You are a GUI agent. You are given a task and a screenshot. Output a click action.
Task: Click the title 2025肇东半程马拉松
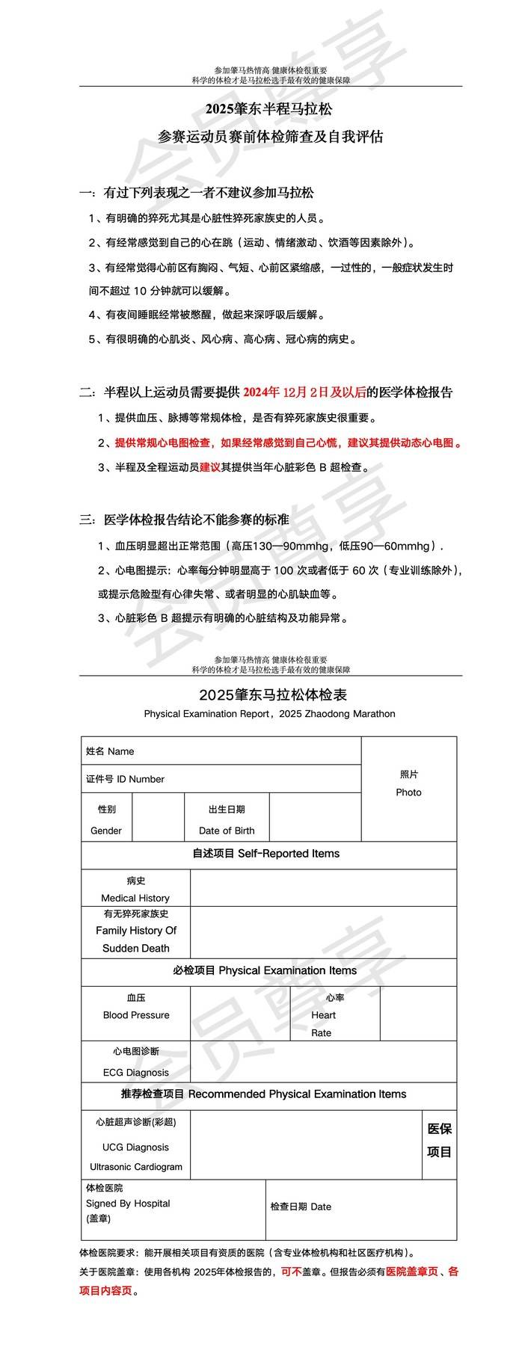point(269,109)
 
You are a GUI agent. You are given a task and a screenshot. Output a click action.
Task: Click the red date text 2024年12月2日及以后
point(304,392)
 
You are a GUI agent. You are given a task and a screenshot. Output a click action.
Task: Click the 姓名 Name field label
point(110,751)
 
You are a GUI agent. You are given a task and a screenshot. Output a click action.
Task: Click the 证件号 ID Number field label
point(125,779)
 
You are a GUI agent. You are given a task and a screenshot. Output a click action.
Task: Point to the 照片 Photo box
point(408,783)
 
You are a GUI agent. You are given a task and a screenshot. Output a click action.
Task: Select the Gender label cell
point(106,820)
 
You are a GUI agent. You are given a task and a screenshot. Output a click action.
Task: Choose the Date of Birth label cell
point(227,820)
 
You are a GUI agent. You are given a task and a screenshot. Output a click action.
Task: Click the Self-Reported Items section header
point(266,854)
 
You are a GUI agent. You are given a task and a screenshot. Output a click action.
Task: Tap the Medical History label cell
point(135,890)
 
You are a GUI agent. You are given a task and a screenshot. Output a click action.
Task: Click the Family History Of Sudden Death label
point(135,931)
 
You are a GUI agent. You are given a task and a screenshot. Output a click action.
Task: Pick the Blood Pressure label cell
point(135,1007)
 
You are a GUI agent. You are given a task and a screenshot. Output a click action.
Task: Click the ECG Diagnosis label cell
point(135,1062)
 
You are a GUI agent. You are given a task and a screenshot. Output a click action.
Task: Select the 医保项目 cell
point(439,1140)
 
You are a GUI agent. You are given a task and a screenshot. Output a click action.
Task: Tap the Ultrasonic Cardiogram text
point(136,1167)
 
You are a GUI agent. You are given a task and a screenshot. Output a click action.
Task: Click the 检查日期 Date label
point(301,1207)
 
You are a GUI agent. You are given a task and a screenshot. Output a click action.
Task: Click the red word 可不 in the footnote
point(291,1272)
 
